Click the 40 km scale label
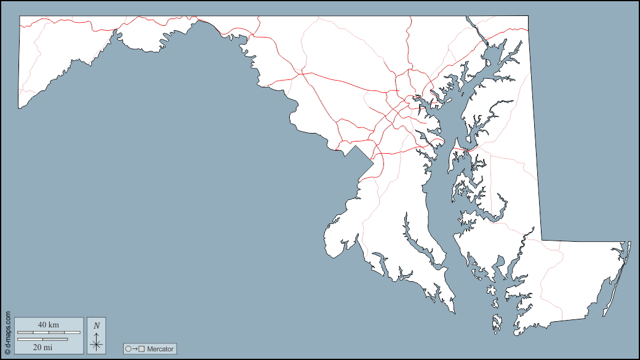[49, 324]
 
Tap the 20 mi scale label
[42, 346]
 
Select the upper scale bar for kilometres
[49, 332]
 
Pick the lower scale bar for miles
[42, 338]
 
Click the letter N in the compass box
[97, 325]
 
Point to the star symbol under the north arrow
[96, 344]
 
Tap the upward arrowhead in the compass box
[97, 335]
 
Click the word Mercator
[160, 349]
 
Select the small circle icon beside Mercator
[129, 349]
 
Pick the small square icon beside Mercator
[142, 349]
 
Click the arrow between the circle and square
[135, 349]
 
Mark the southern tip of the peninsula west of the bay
[454, 311]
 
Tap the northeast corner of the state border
[528, 17]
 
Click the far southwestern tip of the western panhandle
[19, 108]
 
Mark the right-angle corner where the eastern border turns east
[542, 240]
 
